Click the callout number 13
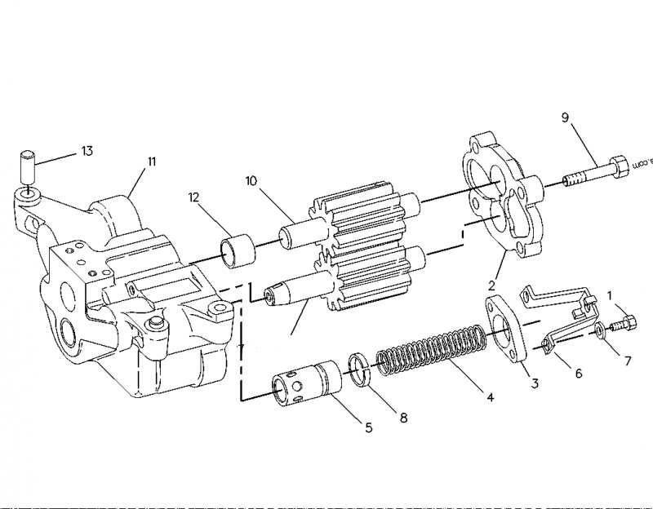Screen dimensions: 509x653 coord(86,151)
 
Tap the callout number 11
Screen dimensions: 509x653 coord(151,162)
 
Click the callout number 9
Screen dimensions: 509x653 coord(565,117)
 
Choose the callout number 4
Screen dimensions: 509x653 coord(490,398)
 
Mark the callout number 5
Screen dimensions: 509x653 coord(368,427)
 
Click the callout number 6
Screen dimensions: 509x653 coord(578,373)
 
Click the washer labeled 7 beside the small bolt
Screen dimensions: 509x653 coord(600,330)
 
